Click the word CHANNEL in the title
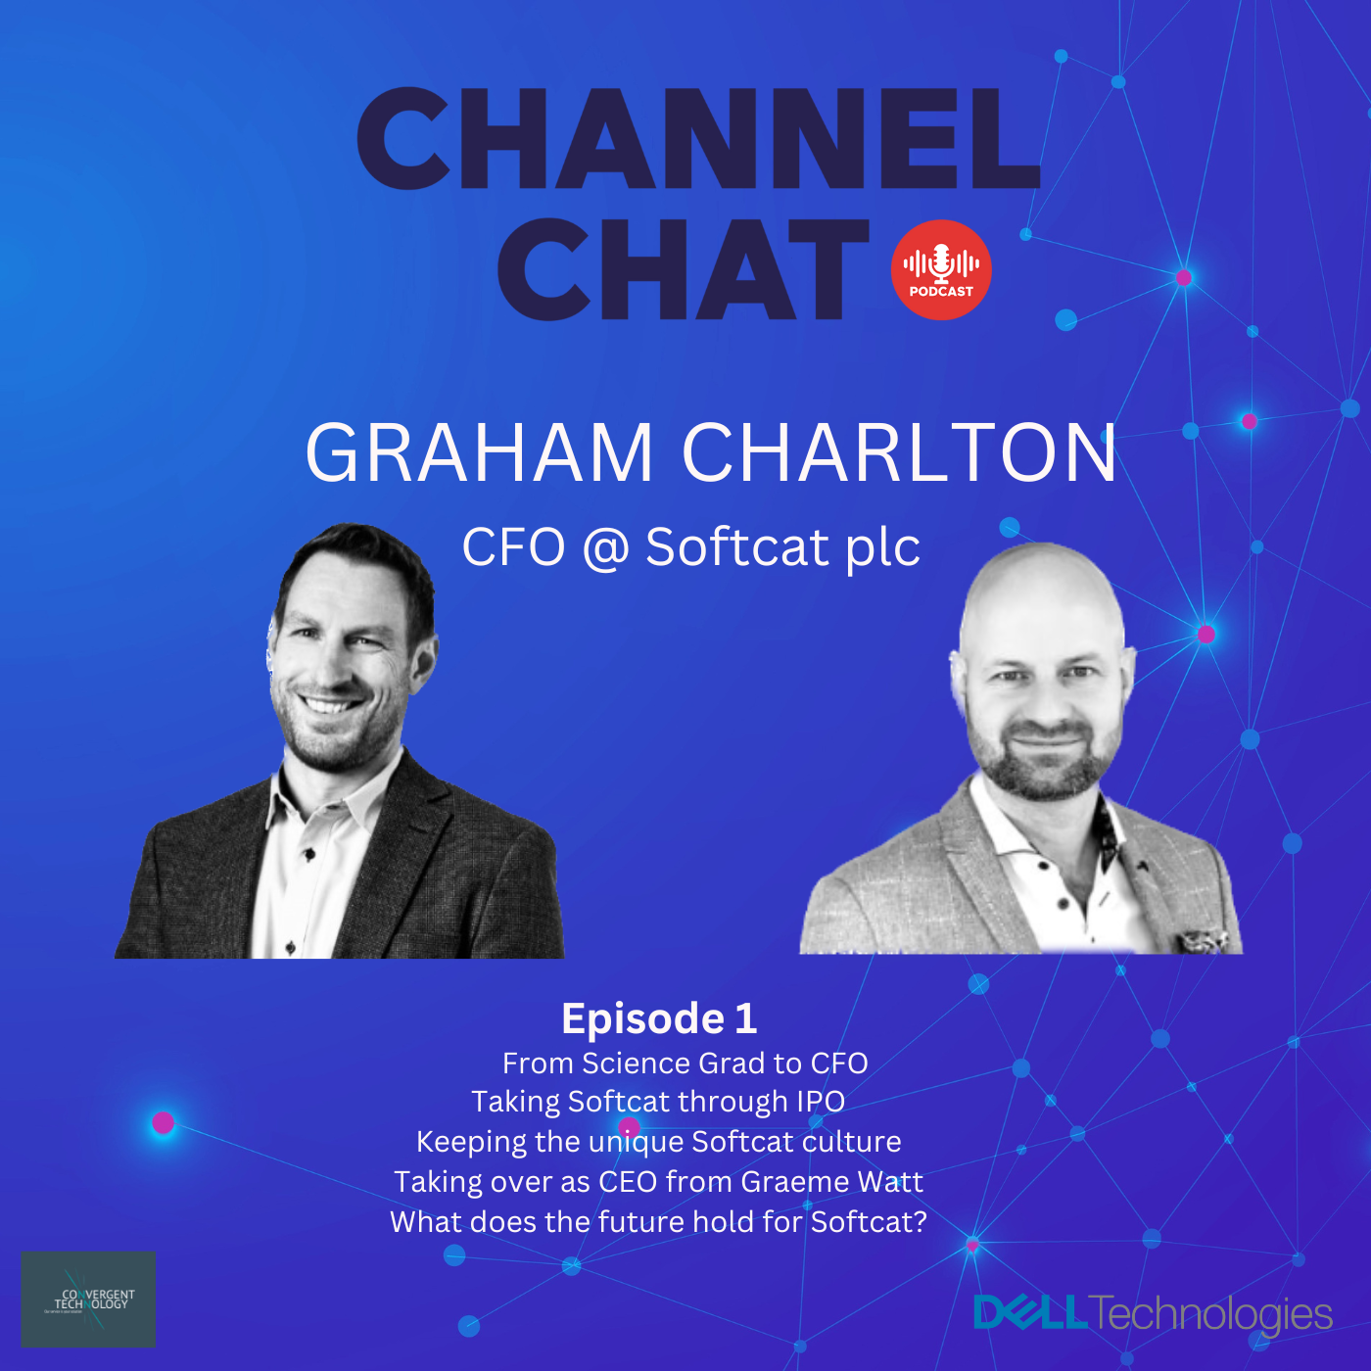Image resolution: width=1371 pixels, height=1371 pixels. pos(697,138)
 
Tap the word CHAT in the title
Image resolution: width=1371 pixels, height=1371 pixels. pos(683,269)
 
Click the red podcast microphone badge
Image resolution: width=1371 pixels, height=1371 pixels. pos(941,270)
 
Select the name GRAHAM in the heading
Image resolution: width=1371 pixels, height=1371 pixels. pos(479,453)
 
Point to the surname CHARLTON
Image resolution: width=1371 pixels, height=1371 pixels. pos(899,453)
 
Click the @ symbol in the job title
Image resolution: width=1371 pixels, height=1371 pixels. pos(605,548)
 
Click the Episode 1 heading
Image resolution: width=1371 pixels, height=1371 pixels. pos(659,1018)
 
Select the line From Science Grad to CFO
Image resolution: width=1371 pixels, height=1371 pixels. pos(685,1064)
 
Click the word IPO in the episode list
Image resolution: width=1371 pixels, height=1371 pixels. pos(820,1102)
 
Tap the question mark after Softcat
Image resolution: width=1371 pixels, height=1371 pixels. pos(919,1222)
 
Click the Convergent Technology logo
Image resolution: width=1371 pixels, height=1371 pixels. pos(88,1299)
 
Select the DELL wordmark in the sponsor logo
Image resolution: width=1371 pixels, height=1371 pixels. pos(1030,1313)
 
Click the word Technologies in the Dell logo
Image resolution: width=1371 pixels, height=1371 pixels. pos(1210,1314)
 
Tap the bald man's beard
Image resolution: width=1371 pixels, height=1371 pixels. pos(1044,769)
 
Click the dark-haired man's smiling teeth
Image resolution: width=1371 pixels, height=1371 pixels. pos(328,705)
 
